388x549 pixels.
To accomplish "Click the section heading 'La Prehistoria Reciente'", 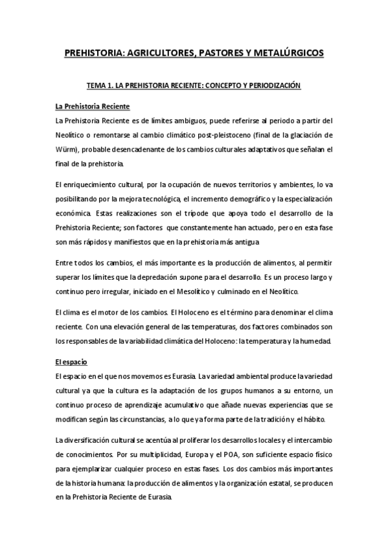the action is pyautogui.click(x=94, y=106).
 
